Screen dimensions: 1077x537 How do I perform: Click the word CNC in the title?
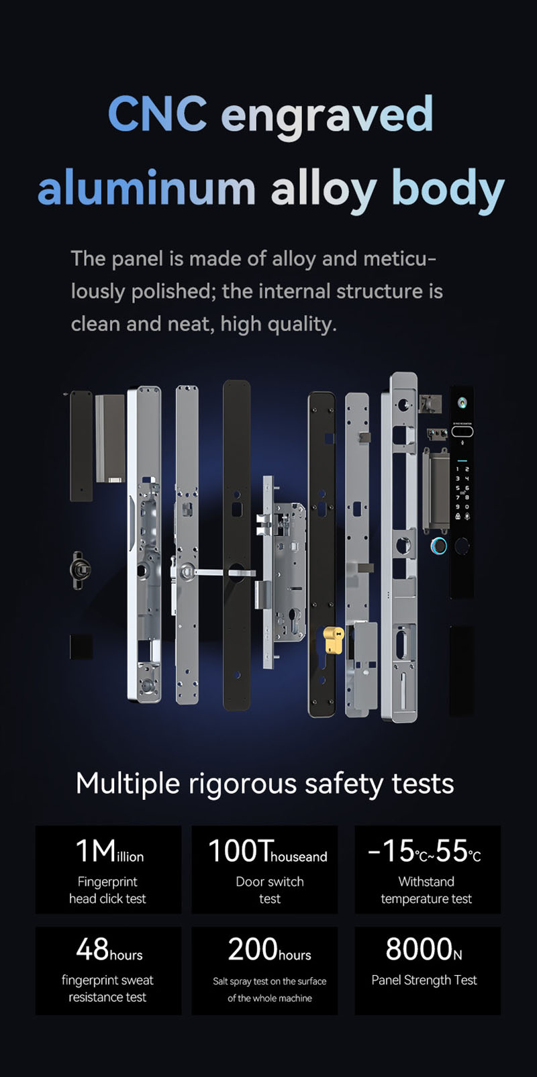click(x=156, y=114)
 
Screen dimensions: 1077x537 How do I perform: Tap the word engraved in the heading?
click(x=327, y=115)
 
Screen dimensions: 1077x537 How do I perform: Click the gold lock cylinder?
click(x=332, y=639)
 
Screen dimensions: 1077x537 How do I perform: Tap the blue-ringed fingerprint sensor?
click(x=438, y=546)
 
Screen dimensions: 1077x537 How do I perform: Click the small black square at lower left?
click(x=81, y=647)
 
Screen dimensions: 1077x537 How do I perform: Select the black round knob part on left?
click(x=80, y=570)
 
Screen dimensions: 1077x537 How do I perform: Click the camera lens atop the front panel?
click(x=462, y=403)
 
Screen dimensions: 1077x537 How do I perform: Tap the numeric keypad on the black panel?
click(x=462, y=493)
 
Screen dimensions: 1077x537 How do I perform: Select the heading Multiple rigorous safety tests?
click(x=265, y=784)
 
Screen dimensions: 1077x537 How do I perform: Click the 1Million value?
click(x=109, y=852)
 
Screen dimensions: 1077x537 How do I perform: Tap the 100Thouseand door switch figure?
click(x=267, y=852)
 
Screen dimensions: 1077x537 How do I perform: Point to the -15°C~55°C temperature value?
click(x=424, y=852)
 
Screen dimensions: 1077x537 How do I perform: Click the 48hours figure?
click(x=109, y=950)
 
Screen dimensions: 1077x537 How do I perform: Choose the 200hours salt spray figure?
click(x=268, y=950)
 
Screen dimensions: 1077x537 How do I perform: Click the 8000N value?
click(x=424, y=950)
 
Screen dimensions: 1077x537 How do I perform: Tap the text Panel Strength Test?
click(x=424, y=980)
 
